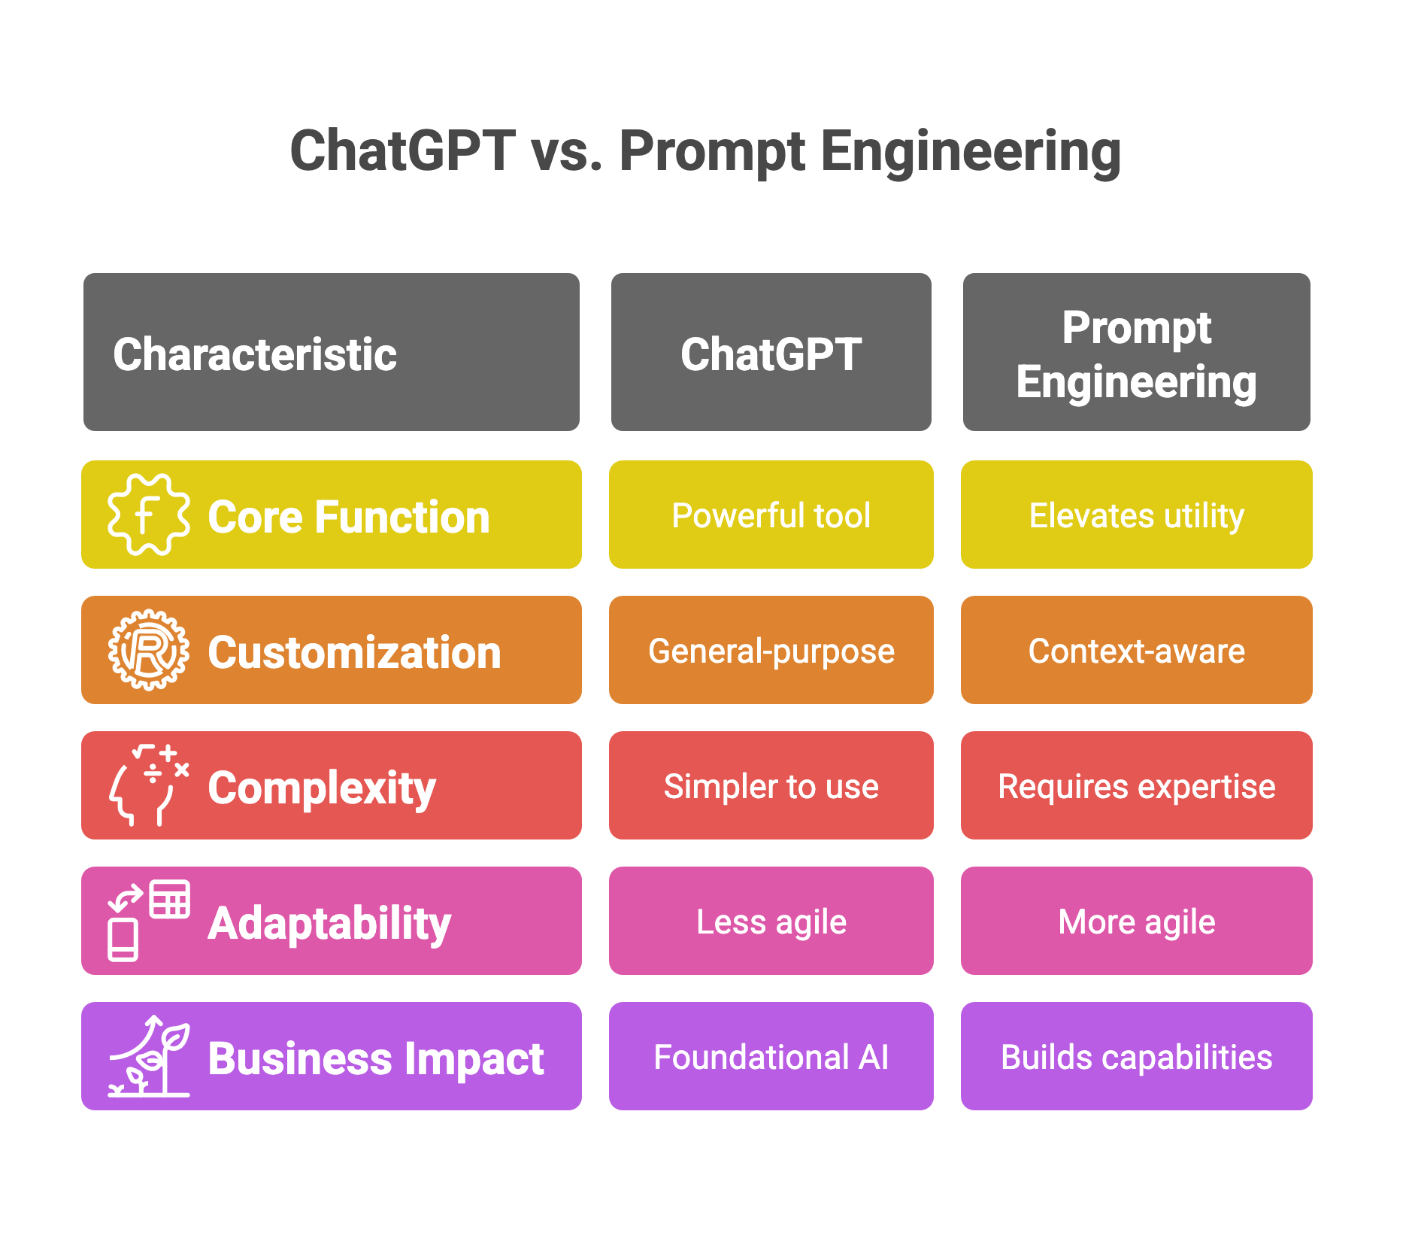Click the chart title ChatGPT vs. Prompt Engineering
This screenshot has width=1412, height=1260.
tap(705, 151)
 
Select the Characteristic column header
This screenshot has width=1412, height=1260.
tap(331, 353)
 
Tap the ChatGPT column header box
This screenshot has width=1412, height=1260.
tap(771, 353)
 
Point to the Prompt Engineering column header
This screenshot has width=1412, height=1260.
tap(1136, 353)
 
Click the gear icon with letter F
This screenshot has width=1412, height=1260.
tap(148, 515)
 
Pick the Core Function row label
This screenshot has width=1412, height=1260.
tap(348, 517)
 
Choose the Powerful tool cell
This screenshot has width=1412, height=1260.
tap(771, 515)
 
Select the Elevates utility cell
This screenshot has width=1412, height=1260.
tap(1136, 515)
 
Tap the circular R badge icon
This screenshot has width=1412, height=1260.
tap(148, 650)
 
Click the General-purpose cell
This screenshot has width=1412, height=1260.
tap(771, 651)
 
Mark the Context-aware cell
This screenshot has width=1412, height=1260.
tap(1136, 651)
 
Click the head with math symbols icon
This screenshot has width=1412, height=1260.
tap(148, 785)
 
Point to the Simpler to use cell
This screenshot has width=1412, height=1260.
tap(771, 786)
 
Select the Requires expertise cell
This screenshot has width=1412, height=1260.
tap(1136, 786)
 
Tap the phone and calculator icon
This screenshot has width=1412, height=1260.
tap(148, 921)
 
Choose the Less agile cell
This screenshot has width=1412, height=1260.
tap(771, 921)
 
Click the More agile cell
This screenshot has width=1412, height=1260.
tap(1136, 921)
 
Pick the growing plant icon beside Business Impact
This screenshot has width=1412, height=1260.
tap(148, 1056)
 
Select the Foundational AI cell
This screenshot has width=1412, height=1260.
tap(771, 1057)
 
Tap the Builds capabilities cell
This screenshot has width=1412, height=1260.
tap(1136, 1057)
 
